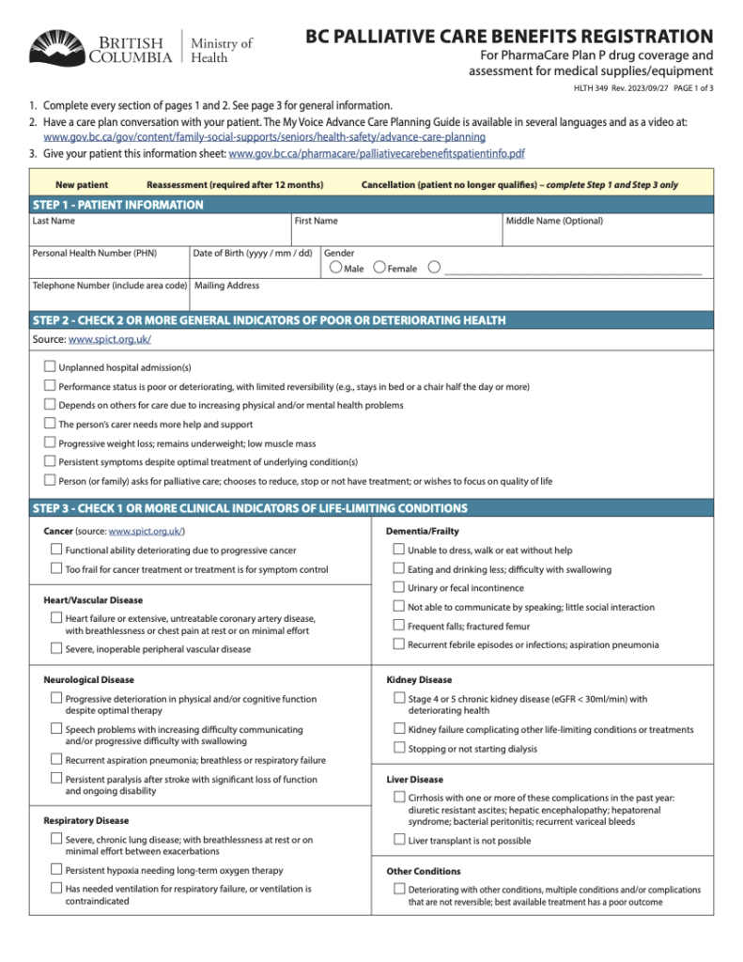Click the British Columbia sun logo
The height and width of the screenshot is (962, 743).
tap(57, 47)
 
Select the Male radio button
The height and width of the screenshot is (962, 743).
tap(335, 268)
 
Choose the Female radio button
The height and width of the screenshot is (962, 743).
tap(379, 268)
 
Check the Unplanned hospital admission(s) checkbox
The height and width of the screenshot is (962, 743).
tap(50, 366)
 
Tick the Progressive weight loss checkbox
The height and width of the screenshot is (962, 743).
tap(50, 442)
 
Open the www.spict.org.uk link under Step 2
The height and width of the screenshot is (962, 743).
tap(110, 339)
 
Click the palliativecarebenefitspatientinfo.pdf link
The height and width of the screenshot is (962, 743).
tap(377, 153)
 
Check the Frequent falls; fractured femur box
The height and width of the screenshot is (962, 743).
tap(398, 626)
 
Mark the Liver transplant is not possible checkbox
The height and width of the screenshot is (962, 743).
tap(398, 840)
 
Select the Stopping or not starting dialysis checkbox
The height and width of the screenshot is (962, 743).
tap(398, 748)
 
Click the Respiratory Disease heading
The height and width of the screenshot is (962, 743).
tap(86, 820)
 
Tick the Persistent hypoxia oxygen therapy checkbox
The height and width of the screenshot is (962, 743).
tap(56, 870)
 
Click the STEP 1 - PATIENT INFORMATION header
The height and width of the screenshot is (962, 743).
tap(117, 205)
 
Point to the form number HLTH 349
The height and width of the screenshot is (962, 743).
tap(591, 88)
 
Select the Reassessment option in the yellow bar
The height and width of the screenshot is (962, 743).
tap(235, 185)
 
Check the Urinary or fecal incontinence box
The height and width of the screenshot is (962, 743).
tap(398, 587)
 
